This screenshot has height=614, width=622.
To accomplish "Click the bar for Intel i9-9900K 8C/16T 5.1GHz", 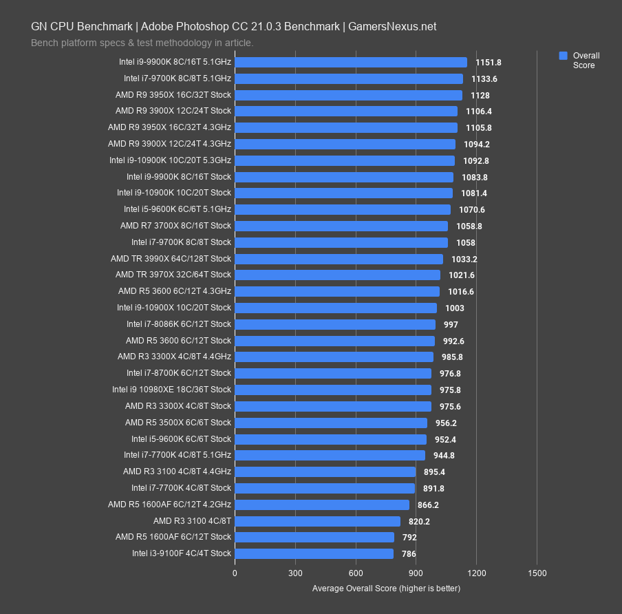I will [x=351, y=62].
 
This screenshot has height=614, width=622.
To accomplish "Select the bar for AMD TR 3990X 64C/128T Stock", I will [x=339, y=259].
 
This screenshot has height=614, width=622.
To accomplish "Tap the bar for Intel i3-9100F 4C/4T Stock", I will [x=314, y=553].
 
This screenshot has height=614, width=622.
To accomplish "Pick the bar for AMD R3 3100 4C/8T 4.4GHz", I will [x=325, y=472].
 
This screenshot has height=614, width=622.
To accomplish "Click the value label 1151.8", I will [x=489, y=62].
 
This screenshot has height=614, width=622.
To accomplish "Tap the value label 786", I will [x=409, y=553].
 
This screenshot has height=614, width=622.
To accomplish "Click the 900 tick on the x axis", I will [x=416, y=573].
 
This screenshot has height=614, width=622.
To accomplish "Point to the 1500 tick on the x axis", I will [x=537, y=573].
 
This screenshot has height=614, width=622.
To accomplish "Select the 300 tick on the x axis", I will [x=295, y=573].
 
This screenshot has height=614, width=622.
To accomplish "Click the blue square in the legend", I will [x=563, y=56].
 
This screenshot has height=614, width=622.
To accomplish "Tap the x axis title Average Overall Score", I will [x=386, y=589].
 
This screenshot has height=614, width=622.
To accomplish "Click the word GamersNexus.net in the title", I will [x=392, y=27].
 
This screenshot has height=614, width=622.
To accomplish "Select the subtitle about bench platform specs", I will [x=142, y=43].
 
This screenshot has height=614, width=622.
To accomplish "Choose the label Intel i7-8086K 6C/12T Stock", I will [x=179, y=324].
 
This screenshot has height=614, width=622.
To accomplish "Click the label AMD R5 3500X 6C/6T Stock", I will [x=178, y=423].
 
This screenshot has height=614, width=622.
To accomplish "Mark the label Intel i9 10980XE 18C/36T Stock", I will [x=171, y=390].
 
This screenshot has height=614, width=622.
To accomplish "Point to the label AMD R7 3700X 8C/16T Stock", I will [x=175, y=226].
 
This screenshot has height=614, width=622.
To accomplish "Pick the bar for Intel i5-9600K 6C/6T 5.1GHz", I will [x=343, y=209].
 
